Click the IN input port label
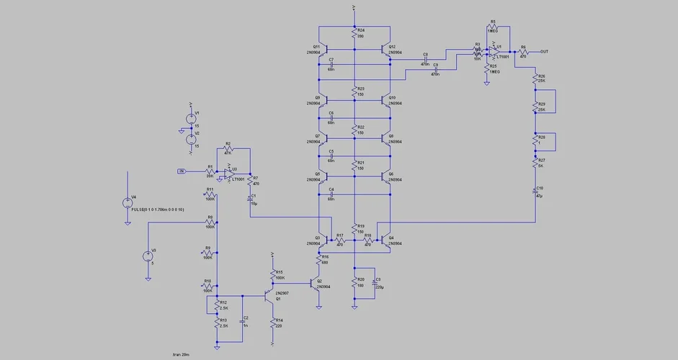coord(182,171)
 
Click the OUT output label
coord(544,52)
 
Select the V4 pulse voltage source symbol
coord(128,203)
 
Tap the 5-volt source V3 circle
coord(148,255)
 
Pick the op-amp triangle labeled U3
coord(227,173)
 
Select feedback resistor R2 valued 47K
coord(228,149)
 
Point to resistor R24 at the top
coord(354,33)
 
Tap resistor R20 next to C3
coord(354,284)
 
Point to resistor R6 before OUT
coord(524,52)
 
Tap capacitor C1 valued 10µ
coord(250,199)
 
